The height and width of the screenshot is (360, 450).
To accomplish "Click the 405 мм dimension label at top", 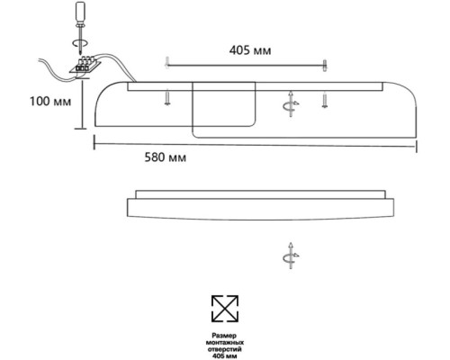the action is coord(250,50).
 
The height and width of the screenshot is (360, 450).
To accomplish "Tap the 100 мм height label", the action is coord(50,102).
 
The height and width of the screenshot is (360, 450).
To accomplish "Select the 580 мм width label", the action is coord(166,157).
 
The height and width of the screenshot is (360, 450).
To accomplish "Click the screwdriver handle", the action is coord(81,13).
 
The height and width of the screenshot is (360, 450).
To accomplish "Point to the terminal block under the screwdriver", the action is coord(86,65).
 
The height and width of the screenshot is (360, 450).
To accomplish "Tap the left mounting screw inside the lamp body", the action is coord(167,98).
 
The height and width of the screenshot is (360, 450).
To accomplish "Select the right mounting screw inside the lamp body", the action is coord(324,100).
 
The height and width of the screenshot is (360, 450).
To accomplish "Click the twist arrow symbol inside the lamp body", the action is coord(291,104).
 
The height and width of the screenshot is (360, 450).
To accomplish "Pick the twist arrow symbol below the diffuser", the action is coord(291,256).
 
